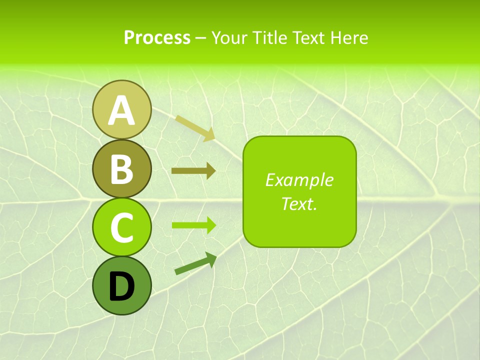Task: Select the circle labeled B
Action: coord(121,168)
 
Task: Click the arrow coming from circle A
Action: coord(195,127)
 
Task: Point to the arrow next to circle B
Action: coord(193,171)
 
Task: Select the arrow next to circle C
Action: coord(193,225)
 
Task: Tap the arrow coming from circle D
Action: coord(195,263)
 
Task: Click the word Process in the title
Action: coord(157,37)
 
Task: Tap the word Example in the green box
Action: coord(299,180)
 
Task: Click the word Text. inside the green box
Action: coord(299,203)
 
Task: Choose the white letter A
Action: coord(121,110)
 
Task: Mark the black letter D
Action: coord(121,286)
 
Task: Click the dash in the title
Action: coord(200,38)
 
